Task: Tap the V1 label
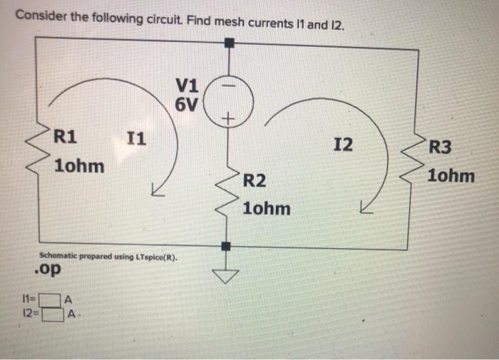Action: click(187, 86)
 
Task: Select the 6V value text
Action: click(187, 106)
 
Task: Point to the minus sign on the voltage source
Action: click(228, 83)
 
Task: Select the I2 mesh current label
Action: click(342, 145)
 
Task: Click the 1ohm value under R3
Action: click(451, 175)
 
